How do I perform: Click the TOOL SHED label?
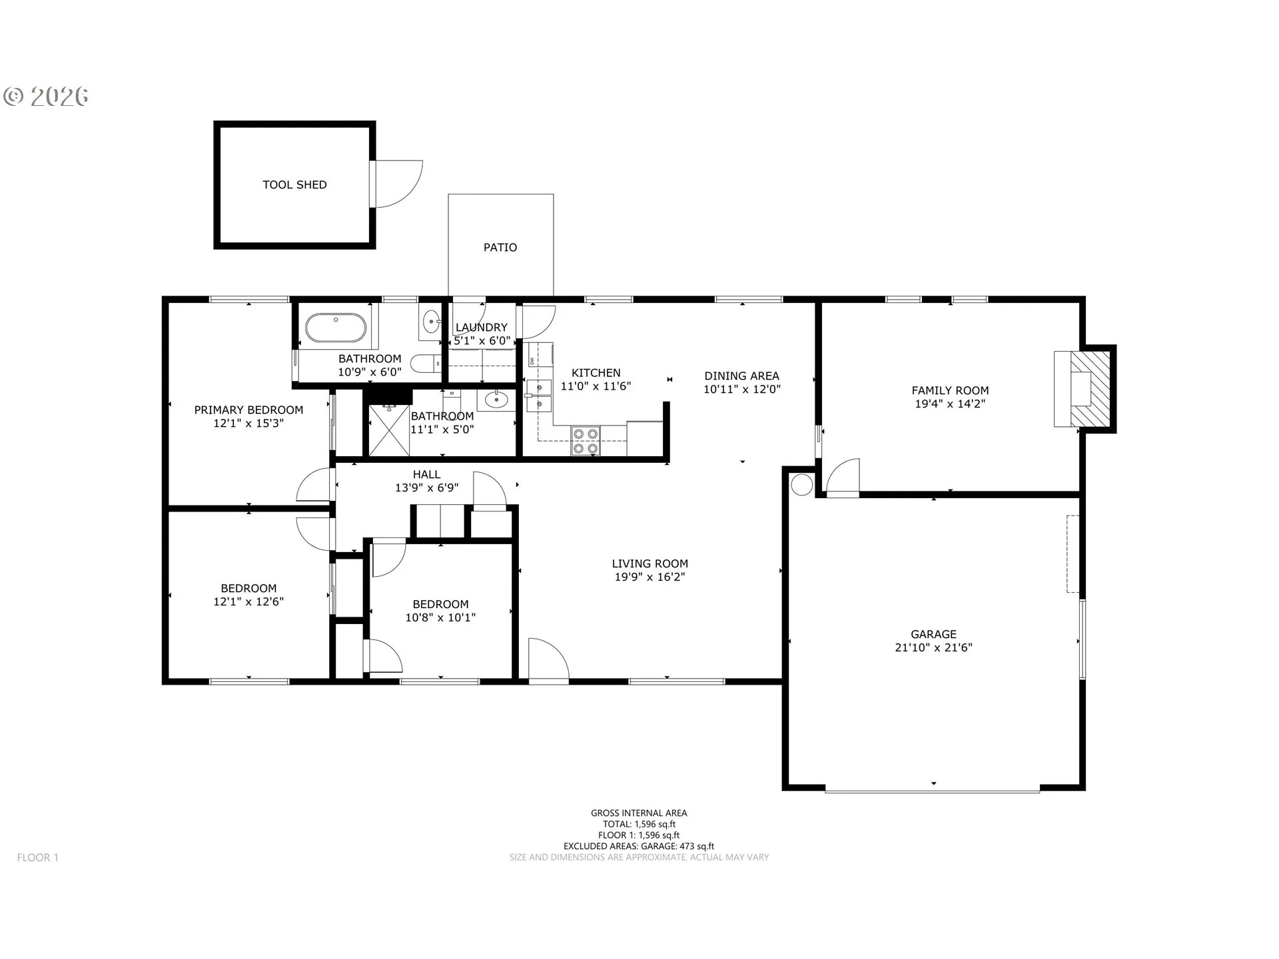[x=294, y=185]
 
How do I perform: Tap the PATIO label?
[x=500, y=248]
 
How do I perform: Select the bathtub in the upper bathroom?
[x=336, y=328]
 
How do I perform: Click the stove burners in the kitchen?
[x=586, y=442]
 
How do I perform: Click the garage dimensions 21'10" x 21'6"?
[x=933, y=647]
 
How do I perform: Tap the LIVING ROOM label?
[x=650, y=564]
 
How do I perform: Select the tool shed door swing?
[x=398, y=184]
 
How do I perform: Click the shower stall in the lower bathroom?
[x=389, y=430]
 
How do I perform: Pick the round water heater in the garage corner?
[x=802, y=484]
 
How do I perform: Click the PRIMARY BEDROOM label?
[x=248, y=410]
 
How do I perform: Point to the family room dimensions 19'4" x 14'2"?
[x=950, y=404]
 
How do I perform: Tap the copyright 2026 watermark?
[x=46, y=97]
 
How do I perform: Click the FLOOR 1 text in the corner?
[x=38, y=858]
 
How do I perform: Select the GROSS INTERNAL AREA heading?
[x=639, y=813]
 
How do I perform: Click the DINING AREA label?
[x=741, y=376]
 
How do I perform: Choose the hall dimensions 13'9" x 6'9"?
[x=426, y=487]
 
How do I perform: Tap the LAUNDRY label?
[x=481, y=328]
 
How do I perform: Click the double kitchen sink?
[x=539, y=396]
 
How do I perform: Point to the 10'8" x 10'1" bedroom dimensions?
[x=440, y=617]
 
